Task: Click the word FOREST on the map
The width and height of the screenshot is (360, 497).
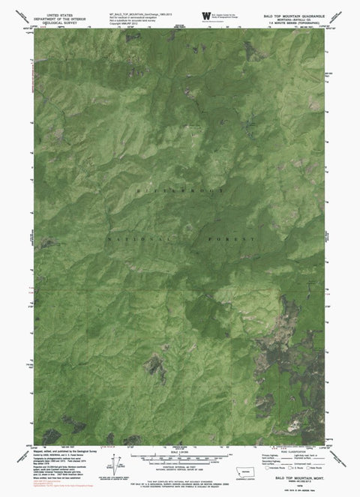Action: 235,239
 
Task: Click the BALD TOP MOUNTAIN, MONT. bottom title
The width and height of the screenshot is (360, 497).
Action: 300,477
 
